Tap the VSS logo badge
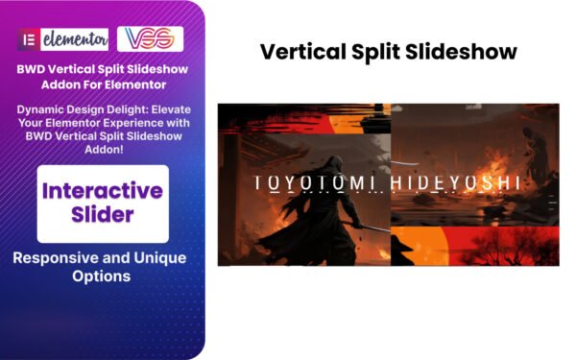[x=150, y=40]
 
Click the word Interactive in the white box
[x=103, y=190]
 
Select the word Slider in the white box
[x=103, y=216]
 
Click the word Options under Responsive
[x=103, y=277]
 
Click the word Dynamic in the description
[x=44, y=110]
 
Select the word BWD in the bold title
[x=43, y=70]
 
